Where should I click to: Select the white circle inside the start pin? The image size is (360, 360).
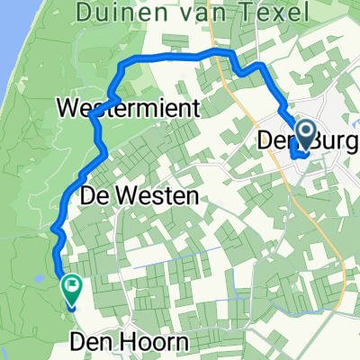305,134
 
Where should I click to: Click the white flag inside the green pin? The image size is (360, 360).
71,287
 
